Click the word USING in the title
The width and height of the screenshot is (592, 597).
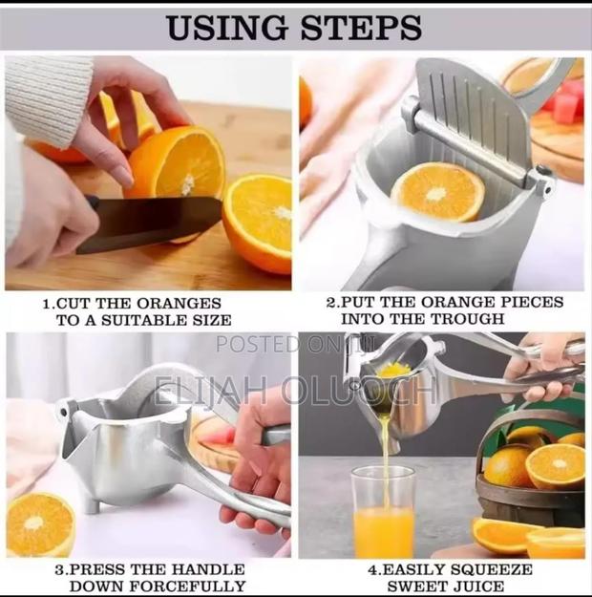pyautogui.click(x=228, y=28)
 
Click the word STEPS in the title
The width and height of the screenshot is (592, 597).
pyautogui.click(x=361, y=28)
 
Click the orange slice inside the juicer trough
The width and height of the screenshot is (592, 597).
pyautogui.click(x=439, y=191)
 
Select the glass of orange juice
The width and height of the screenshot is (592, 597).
pyautogui.click(x=383, y=516)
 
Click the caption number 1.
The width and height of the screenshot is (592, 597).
pyautogui.click(x=47, y=303)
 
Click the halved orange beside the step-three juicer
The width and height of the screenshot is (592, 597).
pyautogui.click(x=40, y=524)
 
